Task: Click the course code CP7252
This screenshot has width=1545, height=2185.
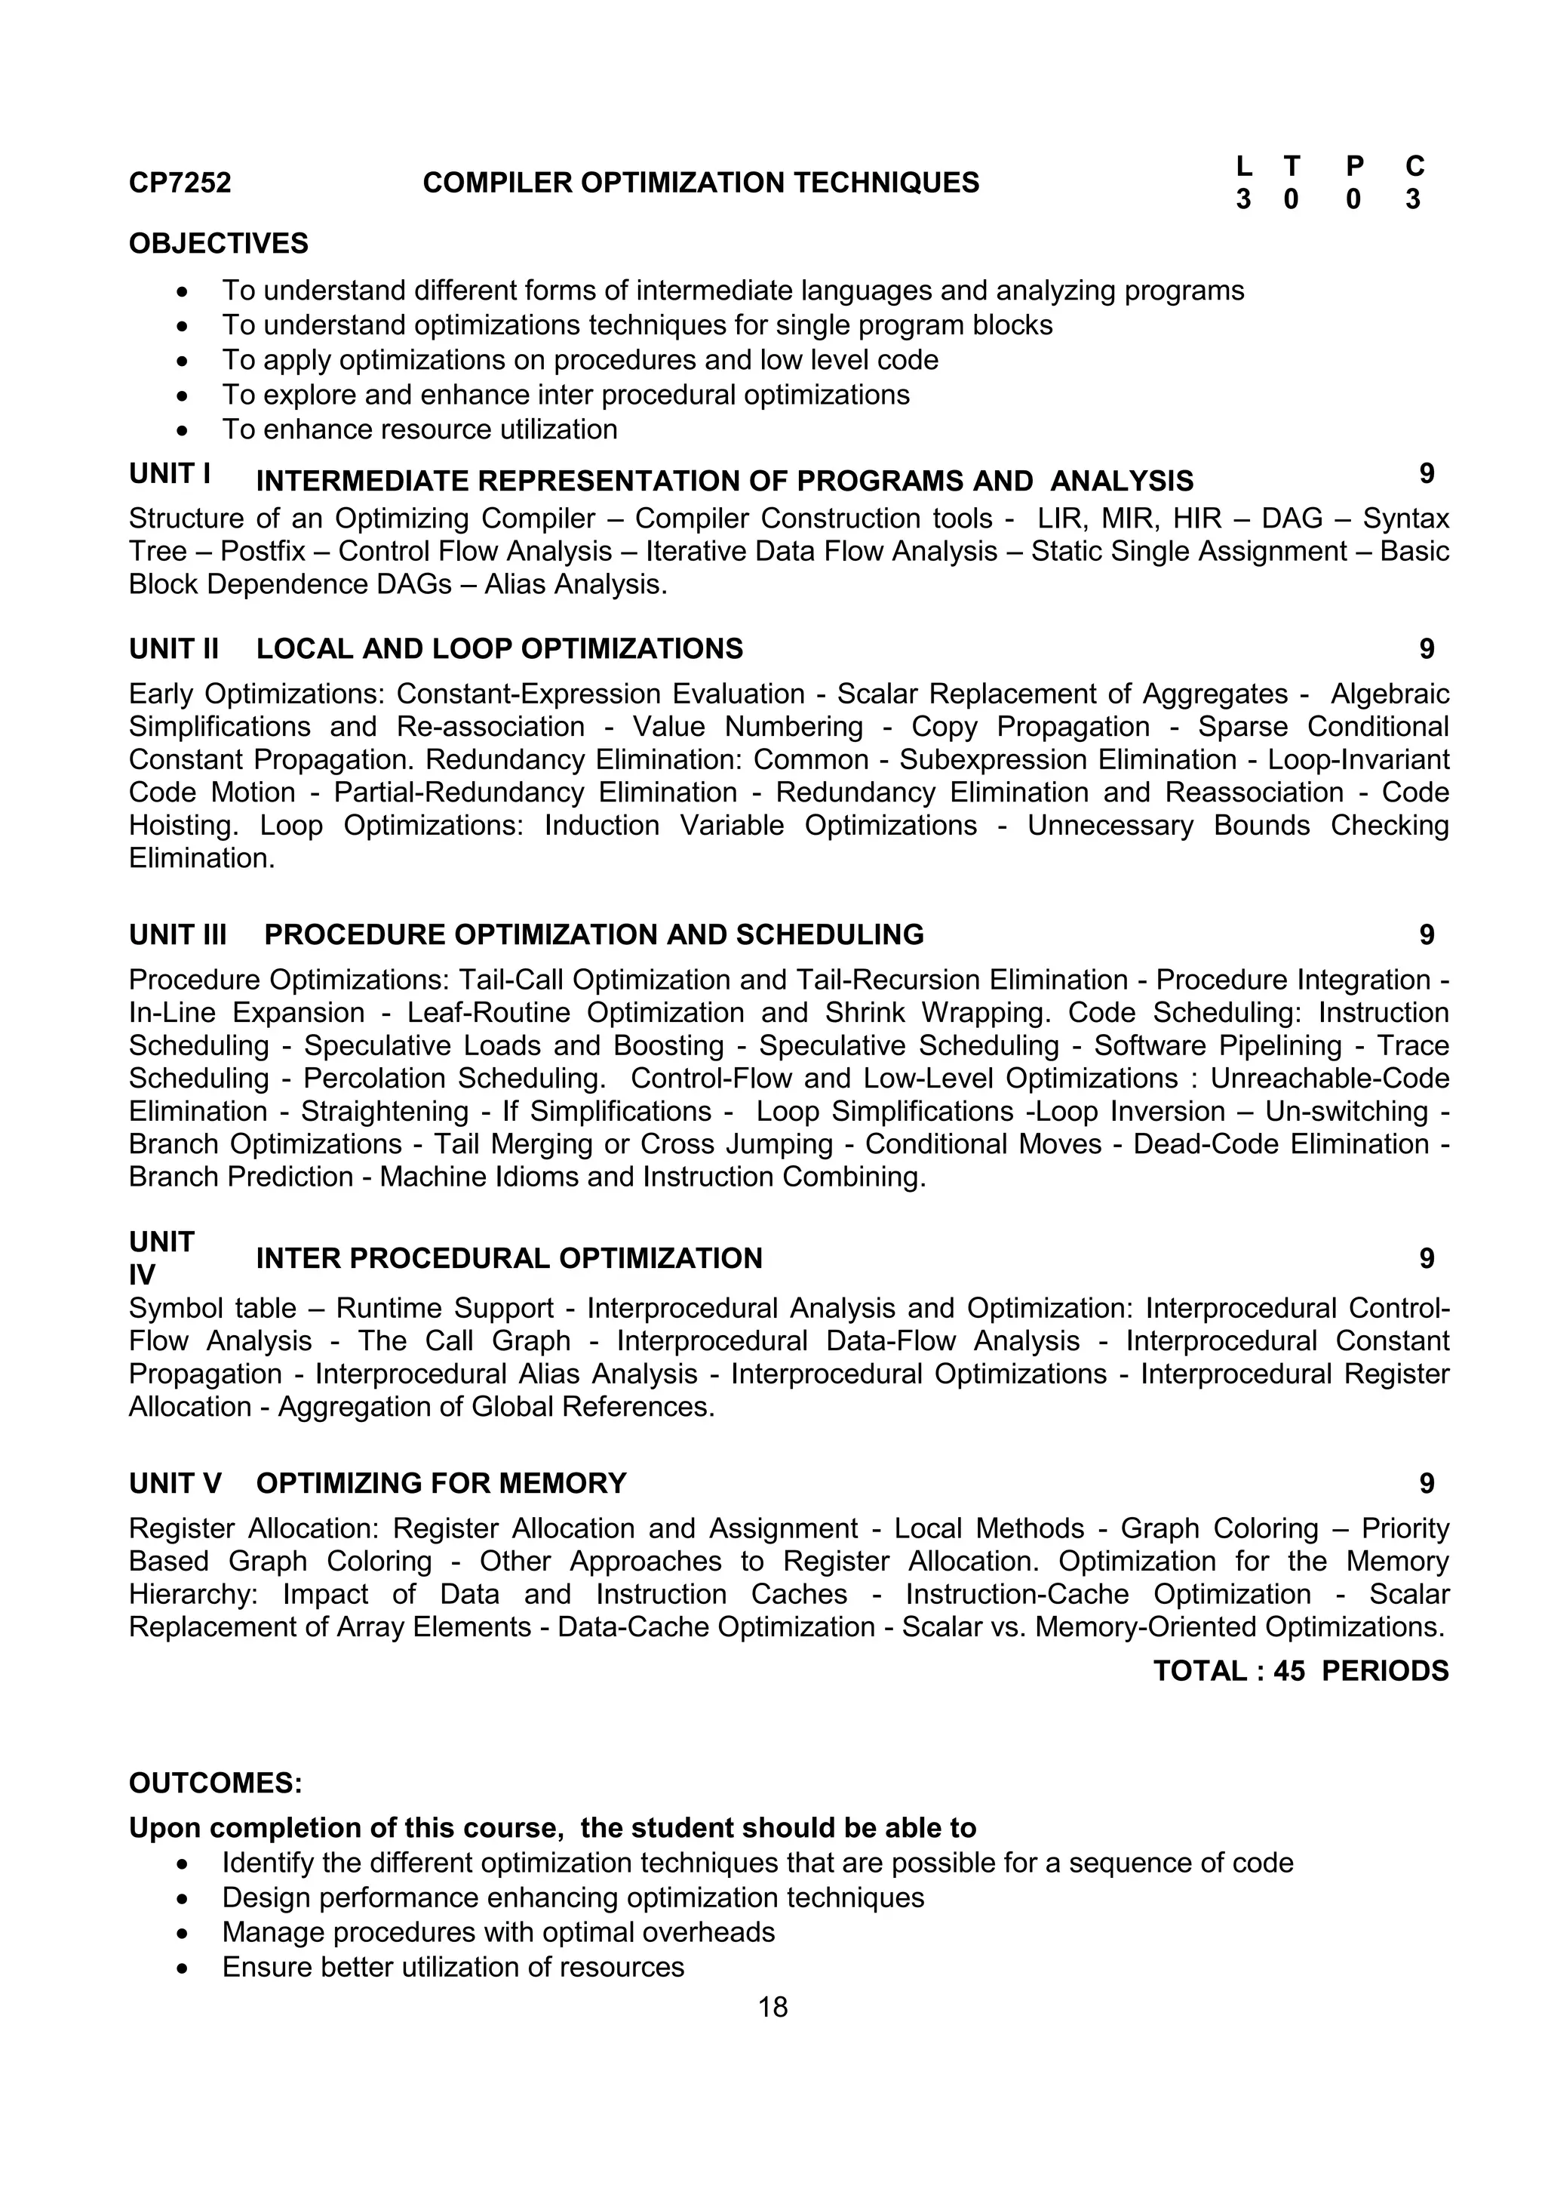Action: point(180,183)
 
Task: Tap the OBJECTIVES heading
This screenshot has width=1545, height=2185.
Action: point(219,244)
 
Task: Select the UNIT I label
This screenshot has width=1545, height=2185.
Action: point(169,474)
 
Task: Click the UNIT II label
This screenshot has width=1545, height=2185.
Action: point(174,649)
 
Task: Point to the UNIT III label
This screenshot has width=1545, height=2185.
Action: point(178,934)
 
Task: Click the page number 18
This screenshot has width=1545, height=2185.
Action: point(772,2007)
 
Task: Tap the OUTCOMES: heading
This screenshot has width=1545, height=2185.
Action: point(215,1783)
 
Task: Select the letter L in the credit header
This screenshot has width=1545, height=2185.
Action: point(1243,167)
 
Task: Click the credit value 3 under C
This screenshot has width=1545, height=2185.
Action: point(1413,200)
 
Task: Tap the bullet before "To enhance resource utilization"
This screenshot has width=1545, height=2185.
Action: point(183,431)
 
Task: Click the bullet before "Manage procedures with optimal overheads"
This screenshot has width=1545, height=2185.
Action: point(183,1934)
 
